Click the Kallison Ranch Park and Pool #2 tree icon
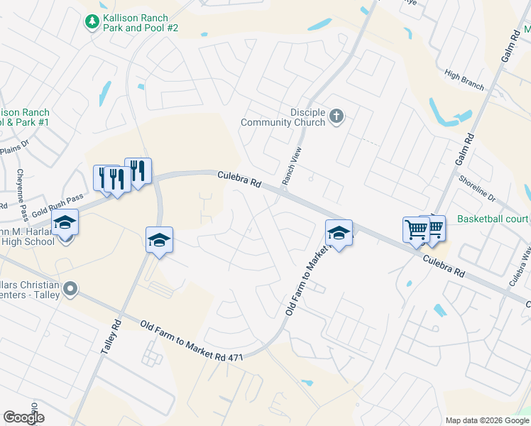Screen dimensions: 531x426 point(92,22)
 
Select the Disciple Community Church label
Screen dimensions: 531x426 point(283,117)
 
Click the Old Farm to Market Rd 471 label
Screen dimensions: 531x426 point(192,342)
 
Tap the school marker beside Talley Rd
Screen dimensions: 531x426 point(160,240)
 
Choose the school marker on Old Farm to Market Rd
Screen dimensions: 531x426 point(339,233)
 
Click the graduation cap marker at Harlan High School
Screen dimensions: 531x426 point(65,223)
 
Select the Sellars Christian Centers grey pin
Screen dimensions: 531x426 point(70,288)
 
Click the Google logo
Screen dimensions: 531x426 point(23,417)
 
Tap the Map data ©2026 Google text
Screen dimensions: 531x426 point(487,420)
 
